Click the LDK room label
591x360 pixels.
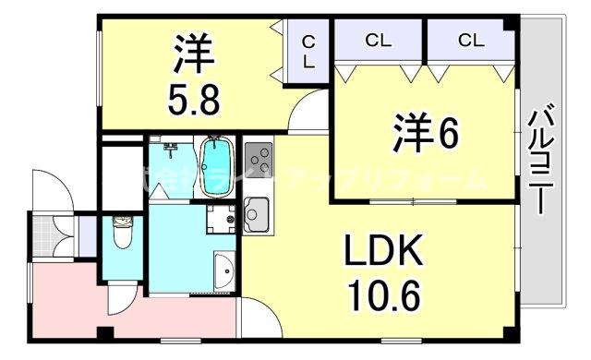click(x=385, y=250)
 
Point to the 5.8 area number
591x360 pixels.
click(x=193, y=98)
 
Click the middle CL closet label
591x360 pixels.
click(x=378, y=41)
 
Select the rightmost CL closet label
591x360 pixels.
click(x=469, y=41)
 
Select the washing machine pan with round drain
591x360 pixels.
click(x=222, y=221)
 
